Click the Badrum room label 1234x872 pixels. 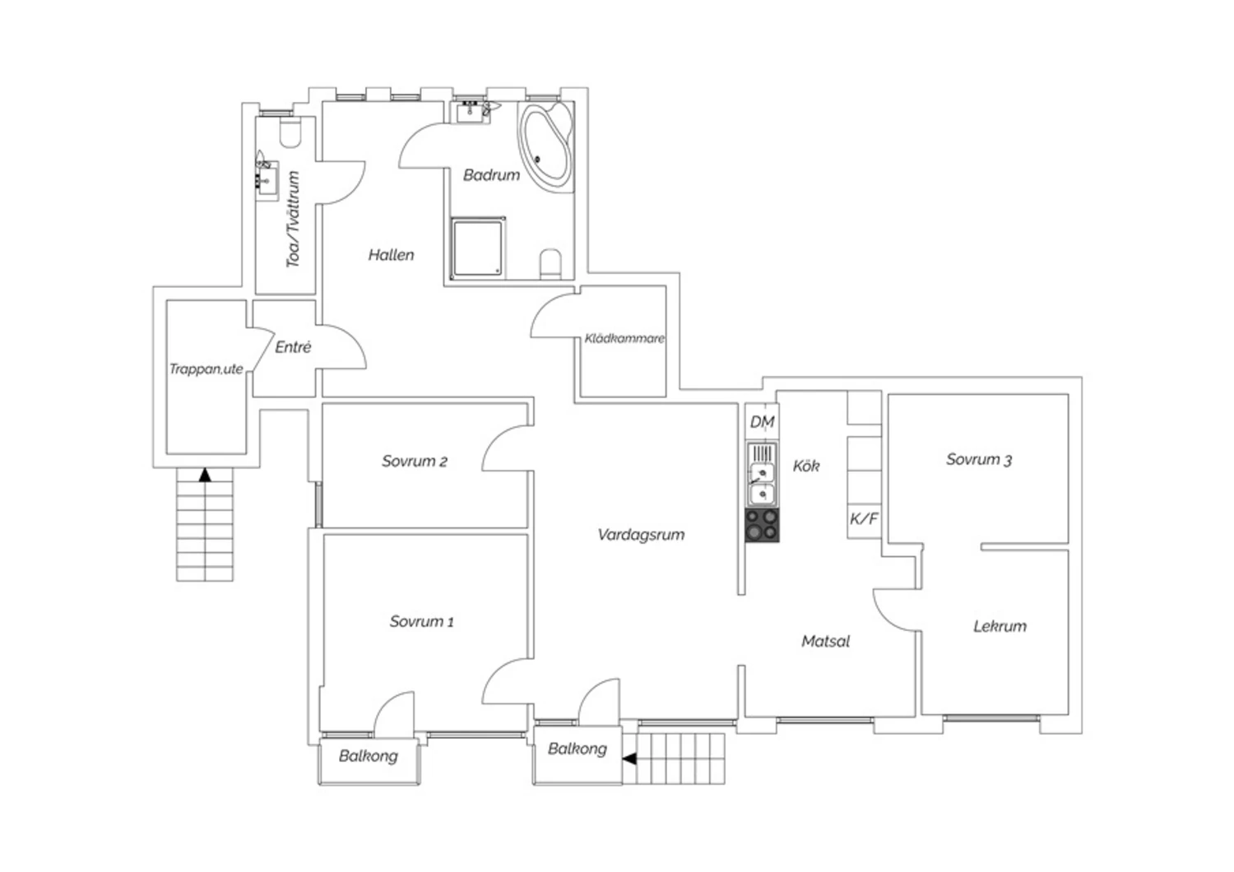tap(491, 175)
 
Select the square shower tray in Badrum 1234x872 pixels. tap(478, 248)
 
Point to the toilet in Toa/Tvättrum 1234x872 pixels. tap(290, 132)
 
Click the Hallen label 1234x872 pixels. tap(391, 255)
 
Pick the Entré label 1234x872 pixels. tap(293, 347)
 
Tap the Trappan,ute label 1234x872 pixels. tap(206, 369)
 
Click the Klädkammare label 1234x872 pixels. tap(624, 338)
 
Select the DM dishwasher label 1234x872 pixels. tap(763, 422)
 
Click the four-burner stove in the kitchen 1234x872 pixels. tap(763, 525)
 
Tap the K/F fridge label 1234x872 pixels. tap(864, 518)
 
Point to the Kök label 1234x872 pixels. tap(806, 466)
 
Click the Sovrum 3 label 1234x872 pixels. tap(979, 459)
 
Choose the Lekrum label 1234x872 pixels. tap(1000, 626)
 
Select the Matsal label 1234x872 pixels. tap(825, 641)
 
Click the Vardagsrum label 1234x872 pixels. tap(641, 535)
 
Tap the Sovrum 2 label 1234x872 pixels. tap(415, 461)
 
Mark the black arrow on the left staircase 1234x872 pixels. tap(205, 475)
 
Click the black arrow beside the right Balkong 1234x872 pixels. tap(629, 758)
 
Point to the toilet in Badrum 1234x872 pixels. tap(550, 264)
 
